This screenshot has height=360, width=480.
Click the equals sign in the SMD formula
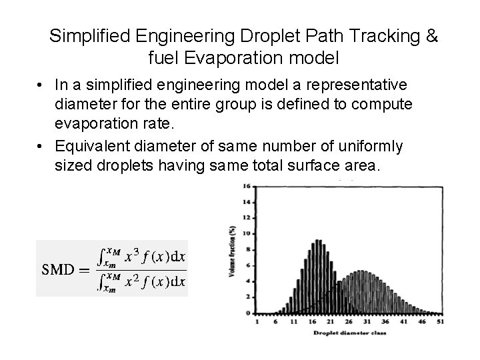(x=85, y=269)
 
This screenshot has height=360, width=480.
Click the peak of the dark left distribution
(x=319, y=241)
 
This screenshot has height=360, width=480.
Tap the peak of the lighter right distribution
(x=360, y=271)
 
